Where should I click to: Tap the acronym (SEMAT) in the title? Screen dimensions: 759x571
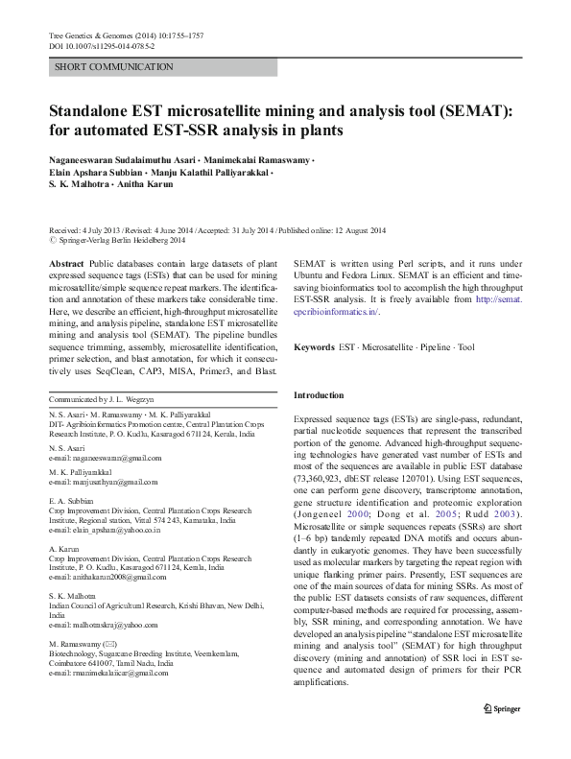pos(467,110)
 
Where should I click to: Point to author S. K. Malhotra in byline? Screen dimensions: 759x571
pos(83,183)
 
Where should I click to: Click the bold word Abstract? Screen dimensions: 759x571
pos(65,262)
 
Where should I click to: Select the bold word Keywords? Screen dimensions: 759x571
pos(314,346)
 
